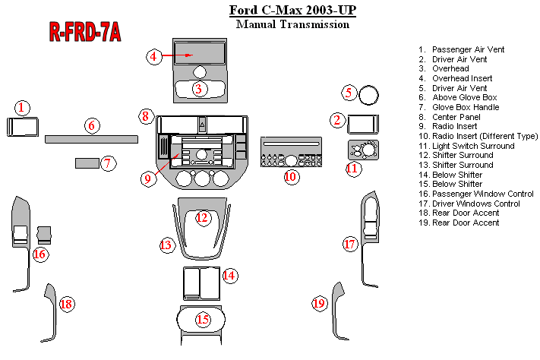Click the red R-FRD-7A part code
(x=85, y=31)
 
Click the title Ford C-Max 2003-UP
(x=292, y=11)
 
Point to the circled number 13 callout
(x=166, y=245)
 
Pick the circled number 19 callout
(x=319, y=304)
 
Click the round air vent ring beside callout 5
(x=370, y=96)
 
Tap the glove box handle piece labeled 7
(x=87, y=163)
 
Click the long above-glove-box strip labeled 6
(x=91, y=139)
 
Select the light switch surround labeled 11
(x=363, y=149)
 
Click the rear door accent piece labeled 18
(x=52, y=312)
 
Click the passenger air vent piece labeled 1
(x=19, y=126)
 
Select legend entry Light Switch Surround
(x=472, y=146)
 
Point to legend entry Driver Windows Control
(x=475, y=204)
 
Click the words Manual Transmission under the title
(x=292, y=24)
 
